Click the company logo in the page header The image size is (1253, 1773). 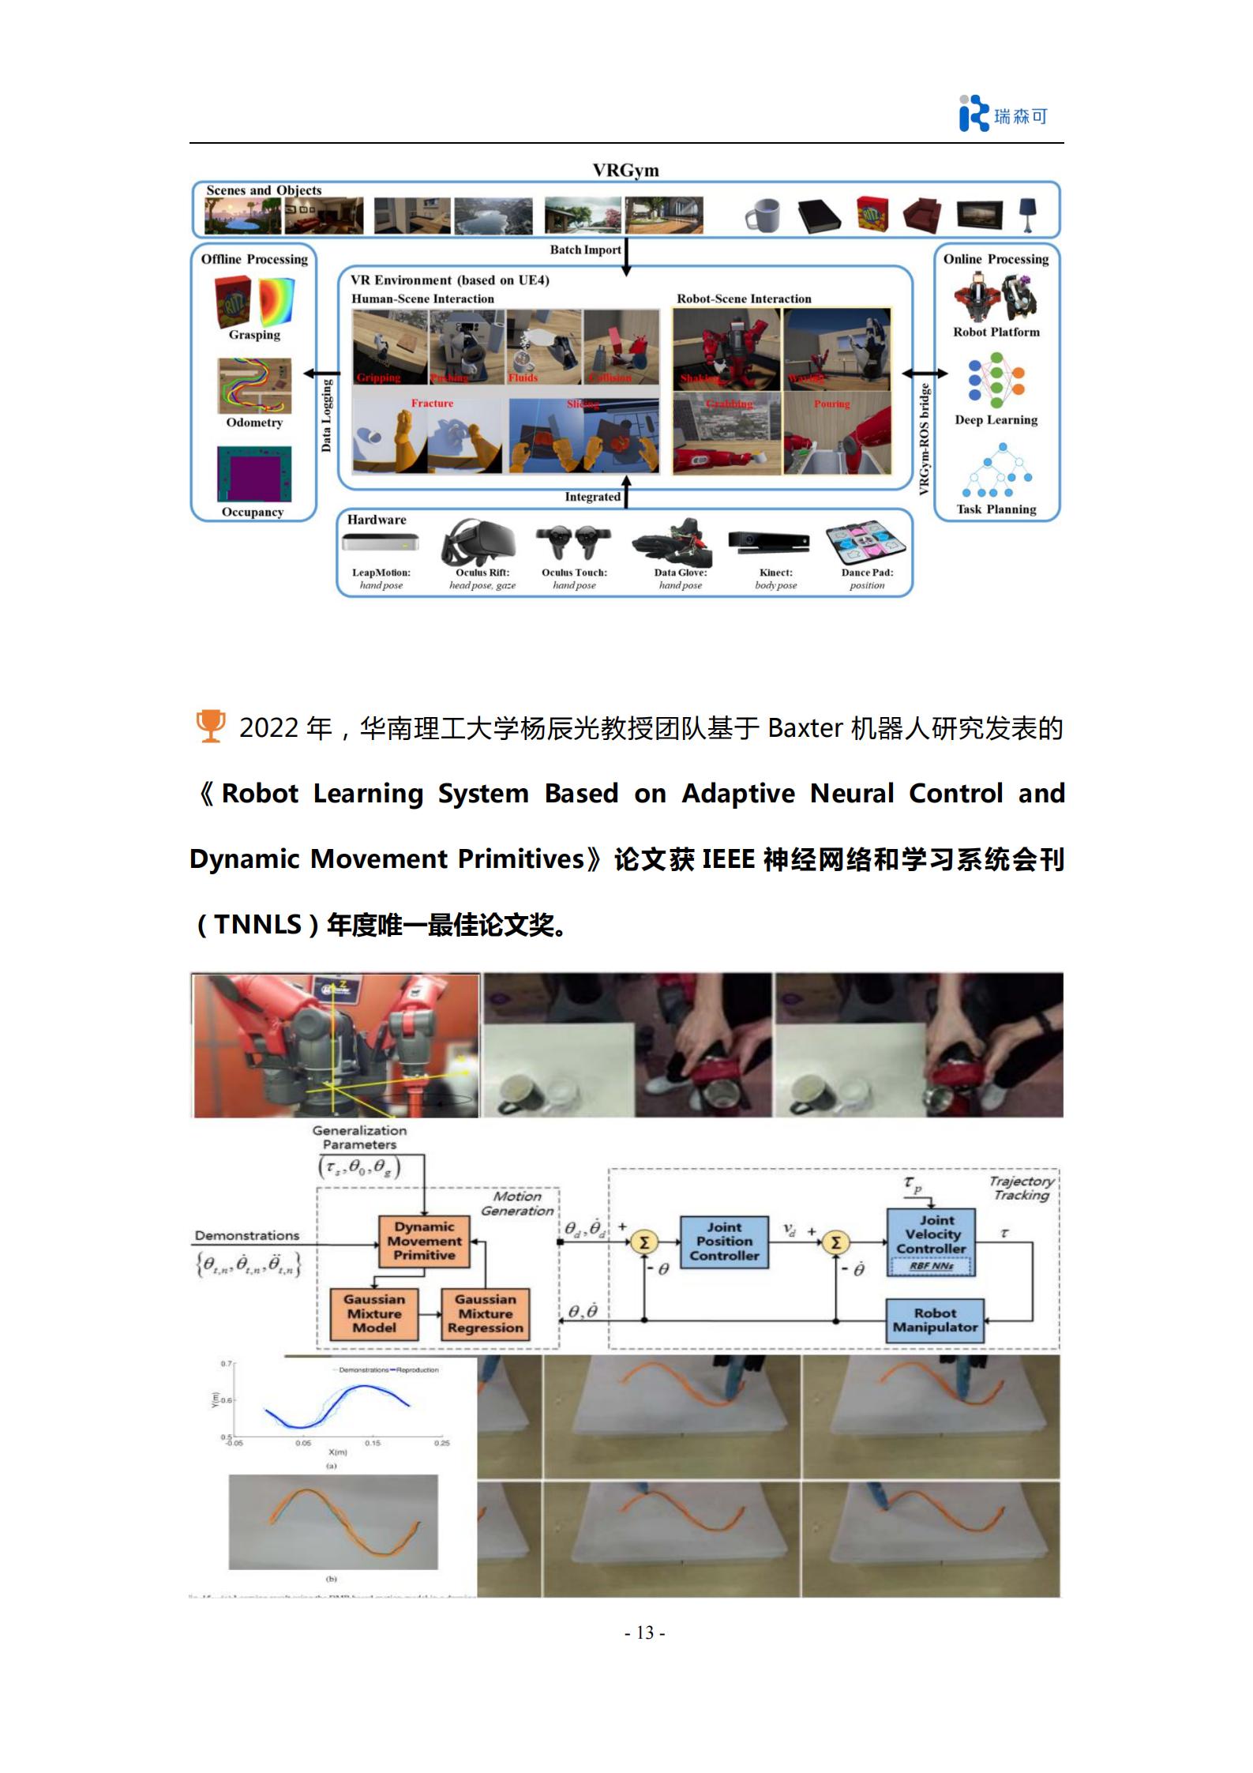1001,115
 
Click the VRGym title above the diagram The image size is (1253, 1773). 625,171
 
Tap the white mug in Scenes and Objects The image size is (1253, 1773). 763,215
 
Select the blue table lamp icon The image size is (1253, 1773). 1027,214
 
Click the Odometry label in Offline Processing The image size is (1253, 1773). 253,423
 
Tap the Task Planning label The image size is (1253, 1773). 996,509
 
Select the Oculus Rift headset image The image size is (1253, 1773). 478,543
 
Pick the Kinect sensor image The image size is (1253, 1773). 767,543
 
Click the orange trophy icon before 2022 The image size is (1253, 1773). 210,727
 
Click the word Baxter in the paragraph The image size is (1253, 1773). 805,727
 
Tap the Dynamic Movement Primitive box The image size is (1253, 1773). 424,1241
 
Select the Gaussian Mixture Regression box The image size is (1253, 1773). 485,1313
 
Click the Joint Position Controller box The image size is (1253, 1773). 723,1241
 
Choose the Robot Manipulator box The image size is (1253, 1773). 935,1320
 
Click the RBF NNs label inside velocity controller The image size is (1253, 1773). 932,1266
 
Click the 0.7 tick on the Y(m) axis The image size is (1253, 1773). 227,1364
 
